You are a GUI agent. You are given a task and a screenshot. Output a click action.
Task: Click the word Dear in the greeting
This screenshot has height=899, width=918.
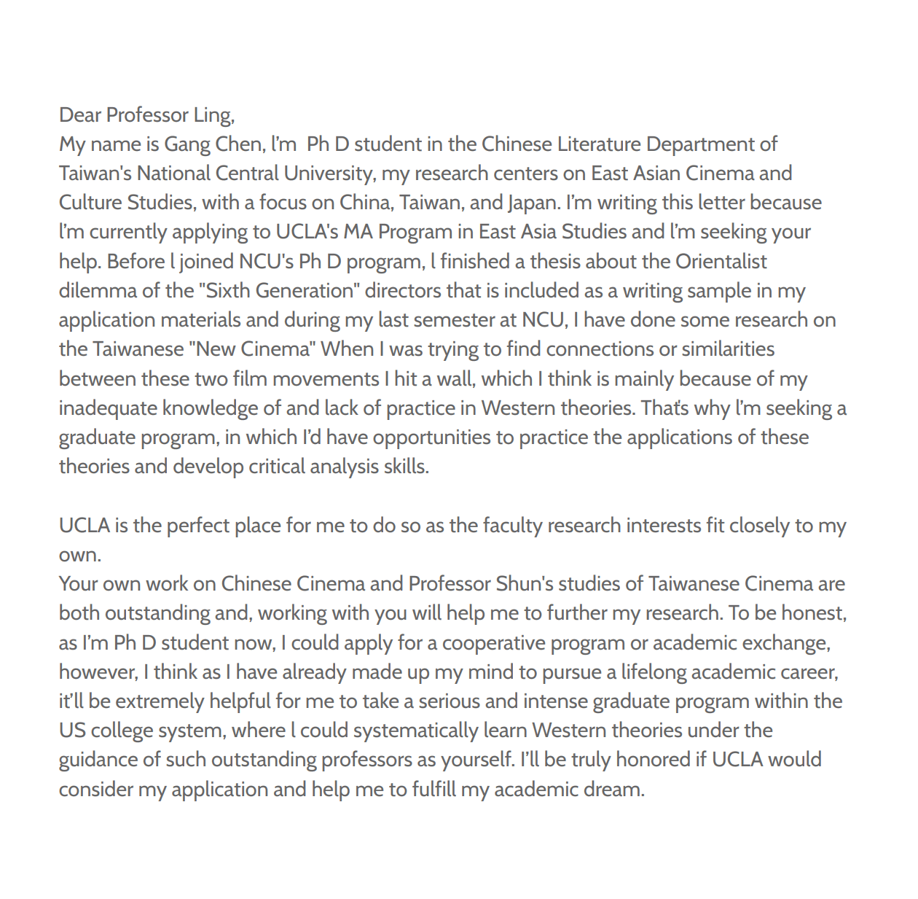coord(80,115)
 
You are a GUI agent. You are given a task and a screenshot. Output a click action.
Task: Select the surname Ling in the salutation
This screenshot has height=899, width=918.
coord(213,115)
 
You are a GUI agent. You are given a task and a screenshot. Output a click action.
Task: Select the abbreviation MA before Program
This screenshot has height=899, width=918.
coord(358,232)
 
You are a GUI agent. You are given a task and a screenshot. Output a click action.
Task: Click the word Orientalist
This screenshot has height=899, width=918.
coord(721,262)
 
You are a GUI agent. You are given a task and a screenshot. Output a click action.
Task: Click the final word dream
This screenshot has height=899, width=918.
coord(618,790)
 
